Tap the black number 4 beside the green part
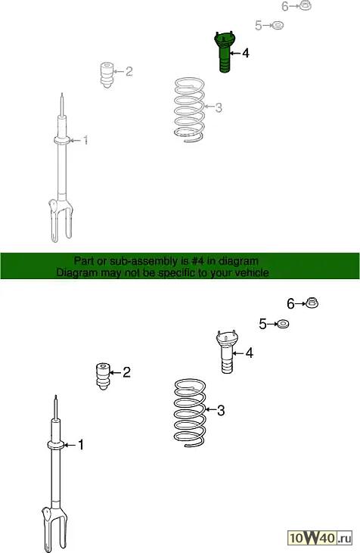click(x=245, y=53)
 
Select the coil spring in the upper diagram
click(x=189, y=110)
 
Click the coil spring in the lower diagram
click(x=190, y=412)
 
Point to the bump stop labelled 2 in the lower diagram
click(x=103, y=376)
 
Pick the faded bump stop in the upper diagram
click(x=107, y=75)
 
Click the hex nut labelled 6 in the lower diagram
click(x=312, y=303)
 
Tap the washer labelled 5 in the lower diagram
click(x=283, y=324)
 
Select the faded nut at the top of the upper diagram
click(x=305, y=5)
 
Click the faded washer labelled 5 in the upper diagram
click(x=278, y=26)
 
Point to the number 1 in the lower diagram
click(x=81, y=445)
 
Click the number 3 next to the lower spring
click(x=221, y=410)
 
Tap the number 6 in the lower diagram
click(x=290, y=303)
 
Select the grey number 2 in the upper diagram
click(x=129, y=71)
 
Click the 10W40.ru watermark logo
click(x=321, y=538)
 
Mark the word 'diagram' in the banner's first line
click(x=238, y=261)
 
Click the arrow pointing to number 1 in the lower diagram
click(x=70, y=445)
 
